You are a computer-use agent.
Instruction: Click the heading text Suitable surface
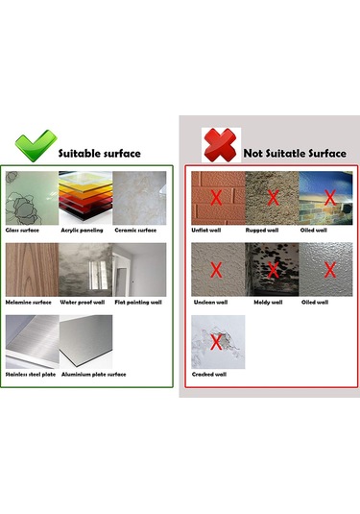[x=100, y=153]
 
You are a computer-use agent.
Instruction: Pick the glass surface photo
[x=31, y=198]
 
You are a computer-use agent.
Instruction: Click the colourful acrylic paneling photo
[x=84, y=198]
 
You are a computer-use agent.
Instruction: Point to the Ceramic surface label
[x=135, y=231]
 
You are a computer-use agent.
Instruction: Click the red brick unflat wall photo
[x=217, y=197]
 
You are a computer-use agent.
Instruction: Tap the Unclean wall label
[x=210, y=302]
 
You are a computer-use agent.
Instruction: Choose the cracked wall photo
[x=218, y=341]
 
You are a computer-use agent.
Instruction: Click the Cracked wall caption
[x=210, y=374]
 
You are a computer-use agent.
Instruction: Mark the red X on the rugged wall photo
[x=273, y=198]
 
